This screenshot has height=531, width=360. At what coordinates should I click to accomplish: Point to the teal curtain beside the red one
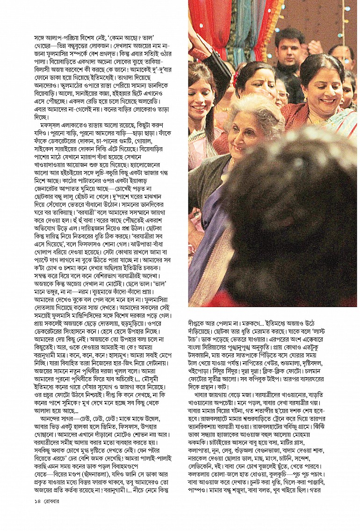[x=239, y=23]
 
